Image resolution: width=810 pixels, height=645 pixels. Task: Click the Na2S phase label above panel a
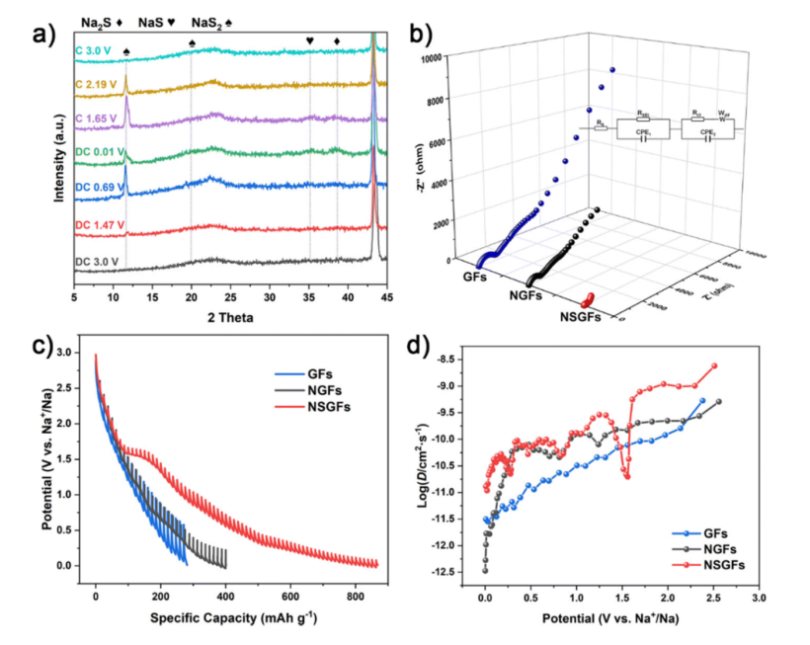(x=96, y=20)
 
